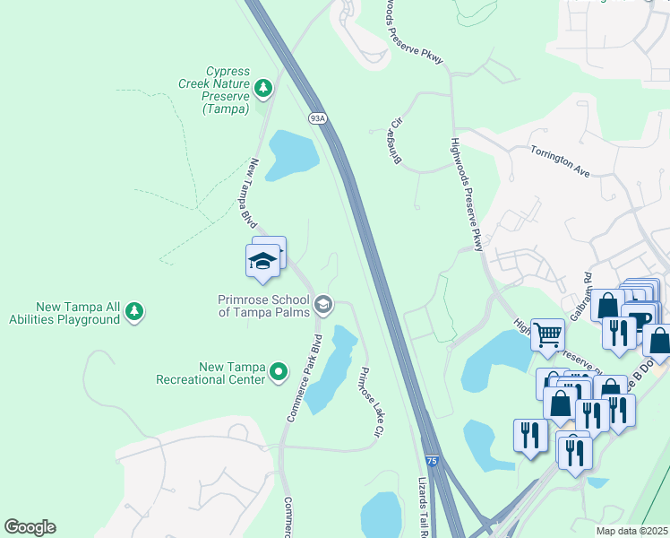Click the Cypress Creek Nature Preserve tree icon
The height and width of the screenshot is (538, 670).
(x=262, y=87)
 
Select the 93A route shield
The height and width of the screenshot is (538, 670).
(x=317, y=118)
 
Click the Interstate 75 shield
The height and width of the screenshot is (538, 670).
(x=432, y=461)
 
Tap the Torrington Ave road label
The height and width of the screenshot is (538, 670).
(x=560, y=159)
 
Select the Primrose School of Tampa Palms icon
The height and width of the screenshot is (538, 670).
(x=323, y=307)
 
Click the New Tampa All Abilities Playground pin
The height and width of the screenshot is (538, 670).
(x=134, y=311)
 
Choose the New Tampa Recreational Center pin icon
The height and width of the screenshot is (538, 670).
(x=279, y=369)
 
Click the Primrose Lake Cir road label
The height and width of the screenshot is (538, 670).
(x=371, y=402)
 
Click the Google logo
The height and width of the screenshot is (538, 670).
(x=30, y=527)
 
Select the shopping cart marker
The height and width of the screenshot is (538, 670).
(x=547, y=335)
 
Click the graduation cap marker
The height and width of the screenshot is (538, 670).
(x=262, y=261)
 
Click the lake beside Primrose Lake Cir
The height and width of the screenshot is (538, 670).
(x=331, y=368)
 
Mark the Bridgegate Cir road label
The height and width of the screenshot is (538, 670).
(x=396, y=142)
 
